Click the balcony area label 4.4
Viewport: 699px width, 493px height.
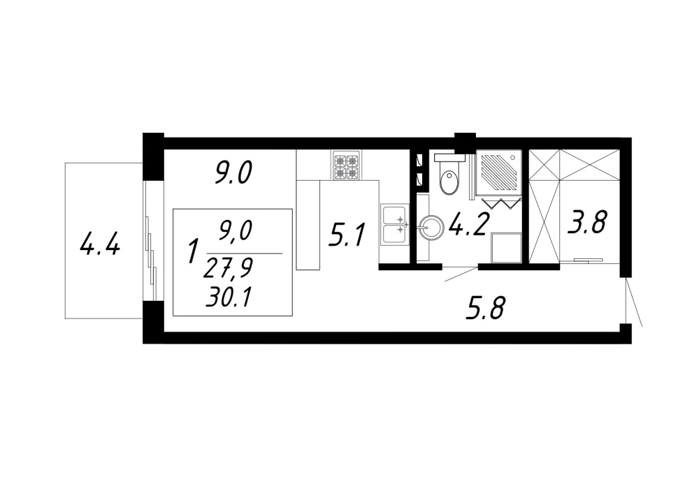(99, 244)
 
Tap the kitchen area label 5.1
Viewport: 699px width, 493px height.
(347, 235)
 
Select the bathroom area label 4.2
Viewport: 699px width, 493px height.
(470, 223)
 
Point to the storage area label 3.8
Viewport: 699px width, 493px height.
(586, 222)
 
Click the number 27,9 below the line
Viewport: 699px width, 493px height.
(228, 269)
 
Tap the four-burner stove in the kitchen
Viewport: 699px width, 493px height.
(347, 165)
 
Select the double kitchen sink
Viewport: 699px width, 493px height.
(394, 225)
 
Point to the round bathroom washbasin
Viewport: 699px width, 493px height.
(431, 228)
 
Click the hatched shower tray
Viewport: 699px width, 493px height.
(499, 172)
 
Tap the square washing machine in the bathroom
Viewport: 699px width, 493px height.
(506, 248)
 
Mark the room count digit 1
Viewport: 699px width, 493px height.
(193, 251)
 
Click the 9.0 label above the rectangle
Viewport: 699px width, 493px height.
(233, 173)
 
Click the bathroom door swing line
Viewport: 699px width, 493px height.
(461, 274)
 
